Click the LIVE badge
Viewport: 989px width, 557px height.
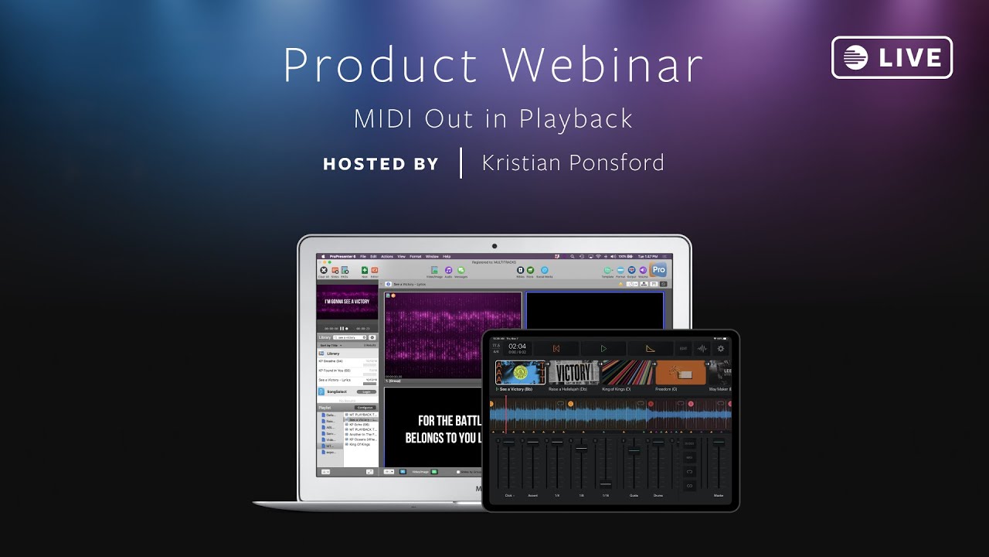coord(892,58)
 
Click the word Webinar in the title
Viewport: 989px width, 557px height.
coord(603,66)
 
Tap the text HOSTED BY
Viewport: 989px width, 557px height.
coord(381,164)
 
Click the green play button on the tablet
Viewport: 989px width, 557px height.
coord(603,349)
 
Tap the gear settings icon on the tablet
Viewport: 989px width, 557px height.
coord(721,349)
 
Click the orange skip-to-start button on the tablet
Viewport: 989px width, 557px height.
coord(556,349)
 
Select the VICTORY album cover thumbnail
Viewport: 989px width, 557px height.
coord(573,373)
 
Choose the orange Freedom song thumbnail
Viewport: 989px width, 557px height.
coord(680,373)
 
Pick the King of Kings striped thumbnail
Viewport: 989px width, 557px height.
coord(627,373)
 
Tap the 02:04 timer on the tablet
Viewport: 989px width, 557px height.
coord(517,347)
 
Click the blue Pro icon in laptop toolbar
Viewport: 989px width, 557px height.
coord(658,269)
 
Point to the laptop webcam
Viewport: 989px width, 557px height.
coord(494,245)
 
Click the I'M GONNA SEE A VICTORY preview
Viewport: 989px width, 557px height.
coord(347,301)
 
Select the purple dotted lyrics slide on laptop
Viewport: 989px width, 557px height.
coord(454,334)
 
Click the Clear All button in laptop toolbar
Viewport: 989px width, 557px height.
coord(323,271)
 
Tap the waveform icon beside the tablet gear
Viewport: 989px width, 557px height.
coord(702,349)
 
